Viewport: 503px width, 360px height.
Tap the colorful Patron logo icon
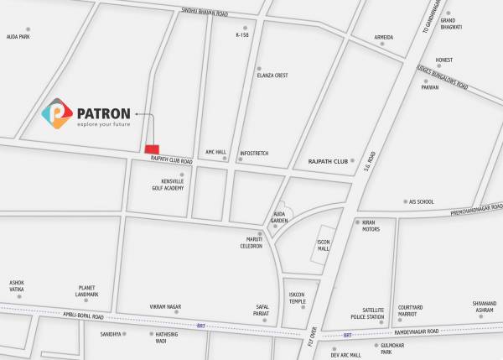click(x=58, y=116)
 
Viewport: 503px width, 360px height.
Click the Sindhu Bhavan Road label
click(x=205, y=12)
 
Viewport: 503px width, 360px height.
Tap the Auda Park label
click(x=18, y=37)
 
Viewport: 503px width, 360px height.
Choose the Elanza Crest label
click(x=272, y=76)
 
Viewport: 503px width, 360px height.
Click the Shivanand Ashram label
click(x=485, y=307)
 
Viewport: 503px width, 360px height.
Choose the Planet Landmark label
click(x=87, y=291)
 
